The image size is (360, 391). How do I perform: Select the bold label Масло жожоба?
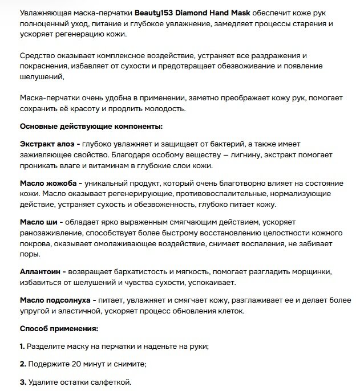(x=48, y=183)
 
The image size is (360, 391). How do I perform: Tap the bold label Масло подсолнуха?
(x=55, y=299)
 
